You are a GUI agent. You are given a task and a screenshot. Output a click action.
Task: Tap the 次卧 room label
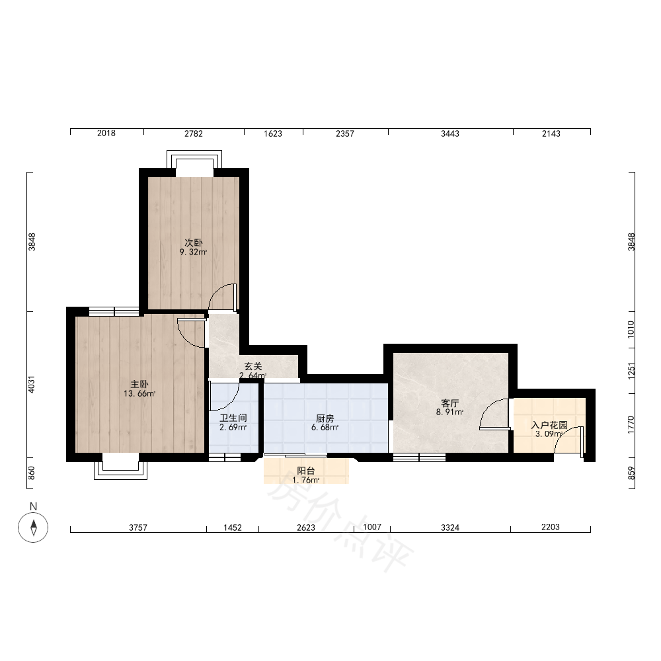pyautogui.click(x=194, y=243)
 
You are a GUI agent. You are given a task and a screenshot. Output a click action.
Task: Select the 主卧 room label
pyautogui.click(x=139, y=385)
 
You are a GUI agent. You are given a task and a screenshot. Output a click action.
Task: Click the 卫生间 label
pyautogui.click(x=233, y=418)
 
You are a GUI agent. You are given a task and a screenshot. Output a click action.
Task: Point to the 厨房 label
pyautogui.click(x=325, y=418)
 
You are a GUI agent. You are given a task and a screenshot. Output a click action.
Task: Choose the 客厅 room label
pyautogui.click(x=449, y=403)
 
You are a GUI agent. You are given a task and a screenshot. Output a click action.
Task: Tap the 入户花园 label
pyautogui.click(x=549, y=425)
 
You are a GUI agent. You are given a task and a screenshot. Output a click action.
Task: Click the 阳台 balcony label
pyautogui.click(x=305, y=471)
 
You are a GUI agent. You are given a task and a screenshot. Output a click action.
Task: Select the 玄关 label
pyautogui.click(x=253, y=366)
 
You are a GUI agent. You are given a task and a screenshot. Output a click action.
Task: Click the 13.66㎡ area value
pyautogui.click(x=139, y=394)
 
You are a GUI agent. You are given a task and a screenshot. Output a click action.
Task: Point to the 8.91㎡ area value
pyautogui.click(x=449, y=412)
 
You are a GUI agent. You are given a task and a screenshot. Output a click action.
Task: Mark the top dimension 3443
pyautogui.click(x=450, y=134)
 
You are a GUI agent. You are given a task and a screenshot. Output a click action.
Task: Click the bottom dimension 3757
pyautogui.click(x=138, y=527)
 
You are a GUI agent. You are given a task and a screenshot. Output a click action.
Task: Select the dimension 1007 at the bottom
pyautogui.click(x=372, y=527)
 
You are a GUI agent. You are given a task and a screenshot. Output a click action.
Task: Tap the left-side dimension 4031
pyautogui.click(x=32, y=385)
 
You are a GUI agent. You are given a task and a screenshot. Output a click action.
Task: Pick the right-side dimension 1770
pyautogui.click(x=631, y=425)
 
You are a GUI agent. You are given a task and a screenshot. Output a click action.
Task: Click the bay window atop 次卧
pyautogui.click(x=194, y=160)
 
